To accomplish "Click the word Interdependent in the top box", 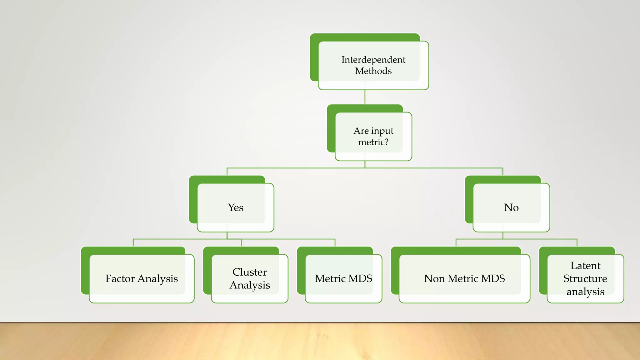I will [373, 60].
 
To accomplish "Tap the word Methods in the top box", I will [373, 71].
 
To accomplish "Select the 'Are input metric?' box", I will [373, 137].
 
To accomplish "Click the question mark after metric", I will [386, 142].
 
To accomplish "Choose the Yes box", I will [235, 207].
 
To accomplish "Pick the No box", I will [511, 207].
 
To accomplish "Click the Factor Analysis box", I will [142, 278].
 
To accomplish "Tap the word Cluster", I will [249, 272].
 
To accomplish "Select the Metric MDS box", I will [343, 278].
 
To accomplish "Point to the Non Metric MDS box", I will [464, 278].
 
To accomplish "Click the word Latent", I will [585, 266].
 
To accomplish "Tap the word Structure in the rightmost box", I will [585, 278].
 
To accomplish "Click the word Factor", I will [120, 278].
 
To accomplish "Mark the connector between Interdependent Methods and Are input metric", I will [365, 97].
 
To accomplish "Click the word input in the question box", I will [382, 131].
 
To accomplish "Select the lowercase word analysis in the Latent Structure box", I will [585, 292].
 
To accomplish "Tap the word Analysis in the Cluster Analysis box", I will [249, 285].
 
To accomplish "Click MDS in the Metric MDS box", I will [360, 278].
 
